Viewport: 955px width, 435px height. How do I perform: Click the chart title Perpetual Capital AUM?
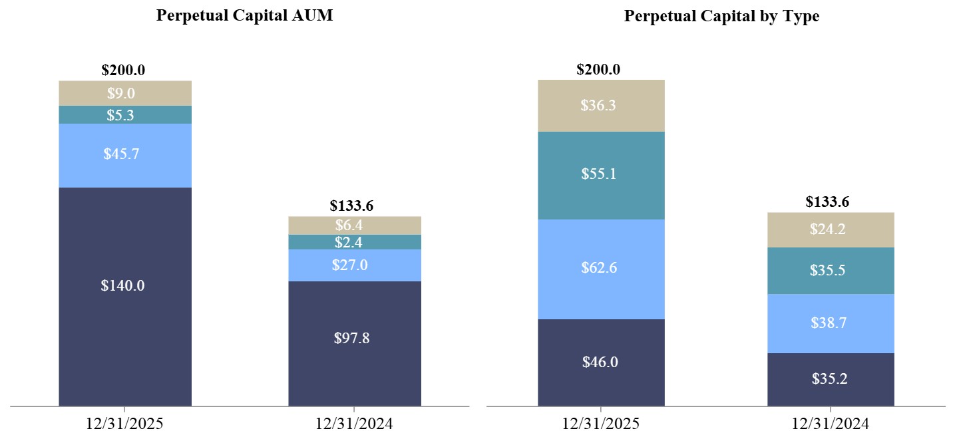[244, 15]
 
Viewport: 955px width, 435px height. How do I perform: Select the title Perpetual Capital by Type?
[721, 17]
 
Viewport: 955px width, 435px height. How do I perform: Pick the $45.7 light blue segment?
[125, 155]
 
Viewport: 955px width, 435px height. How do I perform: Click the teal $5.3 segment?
[125, 114]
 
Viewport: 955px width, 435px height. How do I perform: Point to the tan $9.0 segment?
[125, 93]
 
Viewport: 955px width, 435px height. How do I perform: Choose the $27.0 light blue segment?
[355, 265]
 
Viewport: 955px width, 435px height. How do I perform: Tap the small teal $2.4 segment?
[355, 242]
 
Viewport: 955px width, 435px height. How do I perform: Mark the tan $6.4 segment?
[355, 225]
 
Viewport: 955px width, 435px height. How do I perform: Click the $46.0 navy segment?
[601, 362]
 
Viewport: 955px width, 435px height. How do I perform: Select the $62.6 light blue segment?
[601, 269]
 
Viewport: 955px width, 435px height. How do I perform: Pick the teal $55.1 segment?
[601, 175]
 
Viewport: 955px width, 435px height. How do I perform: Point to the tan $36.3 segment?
[601, 106]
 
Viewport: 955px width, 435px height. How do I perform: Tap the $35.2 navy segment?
[831, 379]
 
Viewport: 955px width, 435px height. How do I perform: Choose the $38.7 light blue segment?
[831, 323]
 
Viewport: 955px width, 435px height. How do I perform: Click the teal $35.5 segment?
[831, 271]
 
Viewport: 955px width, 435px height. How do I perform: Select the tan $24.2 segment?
[831, 229]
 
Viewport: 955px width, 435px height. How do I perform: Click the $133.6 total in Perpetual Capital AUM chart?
[355, 206]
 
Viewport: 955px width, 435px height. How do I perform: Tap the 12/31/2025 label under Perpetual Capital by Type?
[601, 423]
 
